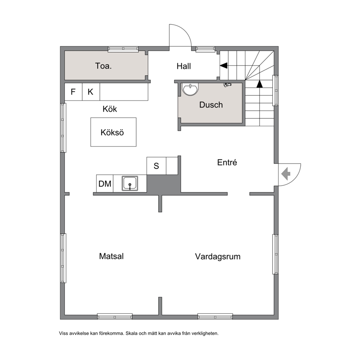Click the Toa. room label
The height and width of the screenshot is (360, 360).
point(103,66)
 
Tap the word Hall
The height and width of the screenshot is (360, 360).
point(184,66)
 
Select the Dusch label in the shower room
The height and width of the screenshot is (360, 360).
point(211,105)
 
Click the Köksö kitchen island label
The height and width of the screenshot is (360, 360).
point(112,132)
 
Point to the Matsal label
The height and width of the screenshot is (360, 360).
point(111,256)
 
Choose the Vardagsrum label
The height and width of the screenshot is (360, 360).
point(218,257)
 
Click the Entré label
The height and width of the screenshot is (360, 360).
point(227,162)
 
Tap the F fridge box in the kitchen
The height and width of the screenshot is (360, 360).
point(73,92)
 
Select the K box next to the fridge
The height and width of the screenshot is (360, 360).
point(91,92)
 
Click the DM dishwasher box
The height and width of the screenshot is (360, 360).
point(105,183)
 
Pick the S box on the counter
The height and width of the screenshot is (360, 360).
point(156,166)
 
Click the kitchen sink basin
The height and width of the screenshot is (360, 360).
point(130,183)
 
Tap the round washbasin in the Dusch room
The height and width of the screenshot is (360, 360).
point(190,89)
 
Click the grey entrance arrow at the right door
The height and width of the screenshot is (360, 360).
point(286,174)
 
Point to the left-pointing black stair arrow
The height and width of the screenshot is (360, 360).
point(224,66)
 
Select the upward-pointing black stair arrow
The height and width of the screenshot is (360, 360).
point(259,84)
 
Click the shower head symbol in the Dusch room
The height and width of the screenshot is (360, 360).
point(227,85)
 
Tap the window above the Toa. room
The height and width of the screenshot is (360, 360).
point(123,49)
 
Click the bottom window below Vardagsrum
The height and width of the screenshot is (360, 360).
point(215,316)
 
